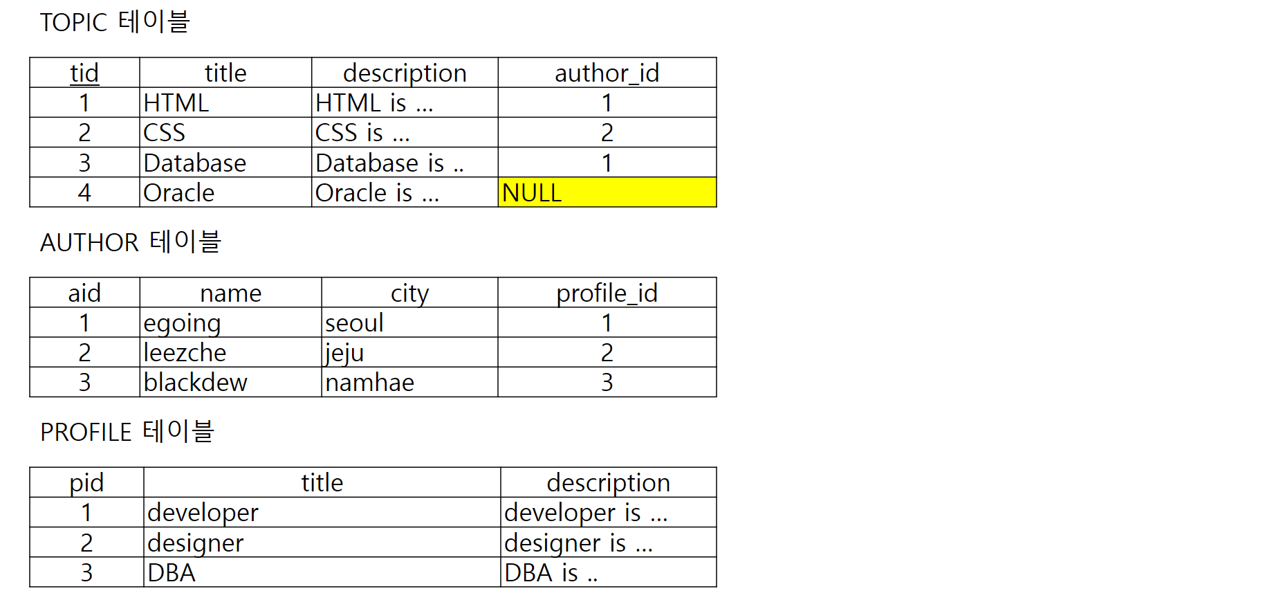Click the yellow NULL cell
coord(607,192)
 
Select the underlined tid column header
coord(84,73)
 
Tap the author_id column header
coord(607,73)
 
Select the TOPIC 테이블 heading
coord(115,22)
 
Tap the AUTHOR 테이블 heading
coord(130,242)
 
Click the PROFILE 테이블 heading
coord(127,432)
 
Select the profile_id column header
coord(607,293)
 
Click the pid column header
coord(86,482)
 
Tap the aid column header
coord(84,293)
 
